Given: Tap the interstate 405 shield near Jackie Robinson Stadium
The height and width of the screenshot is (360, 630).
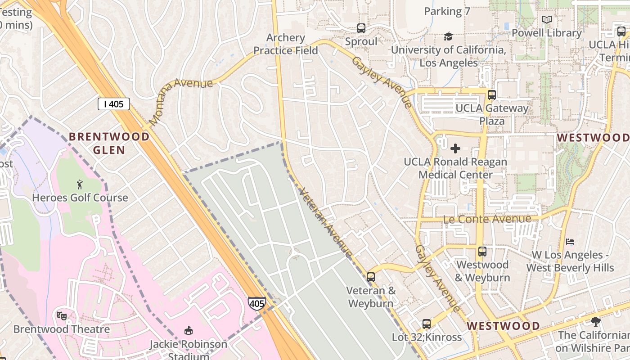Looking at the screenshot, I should [x=256, y=303].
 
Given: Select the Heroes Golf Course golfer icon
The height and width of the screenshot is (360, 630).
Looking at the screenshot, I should [x=80, y=184].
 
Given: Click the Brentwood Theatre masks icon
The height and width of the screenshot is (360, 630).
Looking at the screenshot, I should [x=62, y=315].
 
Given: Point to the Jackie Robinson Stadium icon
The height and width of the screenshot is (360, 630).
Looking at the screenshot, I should [x=189, y=331].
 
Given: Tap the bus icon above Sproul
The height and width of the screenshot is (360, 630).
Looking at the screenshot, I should [x=361, y=28].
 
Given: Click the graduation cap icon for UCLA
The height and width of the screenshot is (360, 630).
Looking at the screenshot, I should [x=448, y=36].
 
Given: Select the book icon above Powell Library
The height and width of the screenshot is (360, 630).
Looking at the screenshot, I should [x=547, y=20].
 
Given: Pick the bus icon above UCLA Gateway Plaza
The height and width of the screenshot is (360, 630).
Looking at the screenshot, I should [x=491, y=95].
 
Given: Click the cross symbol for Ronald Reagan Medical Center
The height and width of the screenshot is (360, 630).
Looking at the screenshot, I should [x=455, y=148].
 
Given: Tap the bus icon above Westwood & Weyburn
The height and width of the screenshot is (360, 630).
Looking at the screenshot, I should [x=482, y=251].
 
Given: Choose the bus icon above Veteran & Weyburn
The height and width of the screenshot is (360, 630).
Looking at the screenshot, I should [x=371, y=277].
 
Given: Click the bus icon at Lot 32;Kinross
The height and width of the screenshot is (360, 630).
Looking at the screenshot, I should [x=426, y=324].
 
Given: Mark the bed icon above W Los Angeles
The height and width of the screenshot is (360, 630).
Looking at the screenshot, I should [x=570, y=242].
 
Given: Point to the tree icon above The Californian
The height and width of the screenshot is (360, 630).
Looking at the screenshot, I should [x=596, y=321].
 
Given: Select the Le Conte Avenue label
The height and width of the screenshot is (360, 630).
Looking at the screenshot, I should [x=487, y=219].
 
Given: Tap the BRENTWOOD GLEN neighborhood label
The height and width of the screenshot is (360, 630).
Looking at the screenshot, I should [x=109, y=143].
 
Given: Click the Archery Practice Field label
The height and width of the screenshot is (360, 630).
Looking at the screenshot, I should [x=285, y=44].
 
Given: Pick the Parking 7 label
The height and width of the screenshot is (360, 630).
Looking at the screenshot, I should [x=447, y=11].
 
